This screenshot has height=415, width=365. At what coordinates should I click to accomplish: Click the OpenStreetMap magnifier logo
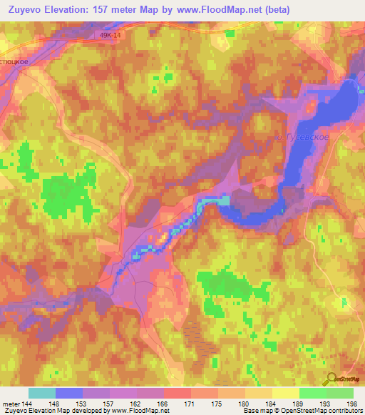point(331,379)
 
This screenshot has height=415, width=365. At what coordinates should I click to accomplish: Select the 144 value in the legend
point(29,403)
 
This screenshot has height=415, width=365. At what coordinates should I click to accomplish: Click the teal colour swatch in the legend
point(42,393)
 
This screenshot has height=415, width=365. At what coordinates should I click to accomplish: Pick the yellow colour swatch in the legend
point(285,393)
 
